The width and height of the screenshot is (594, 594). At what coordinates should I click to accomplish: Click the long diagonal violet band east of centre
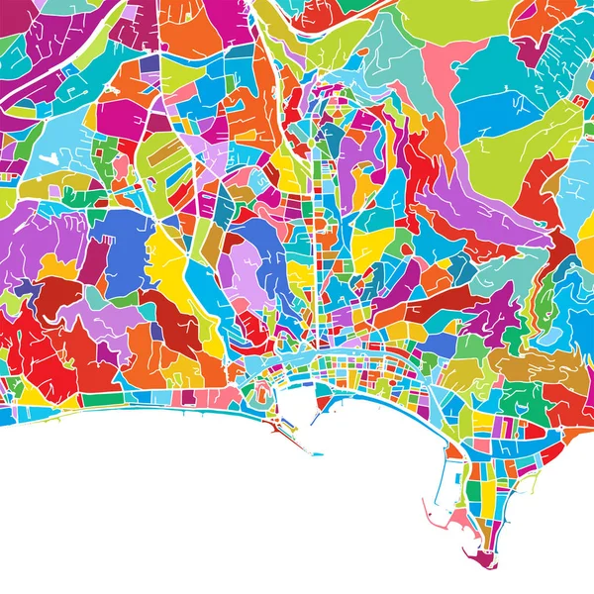pos(475,213)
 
